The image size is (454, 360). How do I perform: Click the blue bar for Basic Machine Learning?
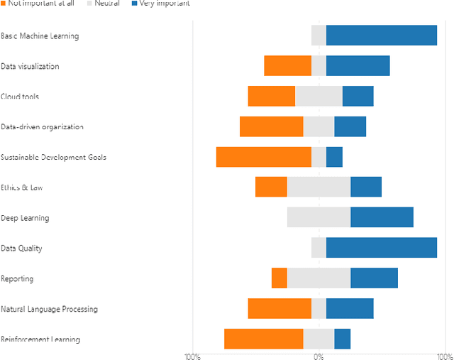click(381, 36)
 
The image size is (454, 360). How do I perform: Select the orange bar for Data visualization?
click(287, 66)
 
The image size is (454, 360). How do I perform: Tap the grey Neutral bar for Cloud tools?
click(319, 96)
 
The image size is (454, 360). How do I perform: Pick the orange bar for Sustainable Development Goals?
click(263, 157)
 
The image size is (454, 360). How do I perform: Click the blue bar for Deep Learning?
click(382, 217)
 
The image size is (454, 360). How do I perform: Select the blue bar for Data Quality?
click(381, 248)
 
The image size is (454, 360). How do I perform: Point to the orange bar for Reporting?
click(279, 278)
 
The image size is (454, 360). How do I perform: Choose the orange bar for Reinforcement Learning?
click(263, 339)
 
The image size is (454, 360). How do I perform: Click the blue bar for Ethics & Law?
click(366, 187)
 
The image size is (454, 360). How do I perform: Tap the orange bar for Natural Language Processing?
click(279, 309)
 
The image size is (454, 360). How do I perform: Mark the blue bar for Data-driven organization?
click(350, 126)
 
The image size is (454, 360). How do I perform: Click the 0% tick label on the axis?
click(319, 355)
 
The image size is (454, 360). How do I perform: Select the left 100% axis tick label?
click(192, 355)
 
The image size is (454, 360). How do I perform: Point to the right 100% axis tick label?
click(444, 355)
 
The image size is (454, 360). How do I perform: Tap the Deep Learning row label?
click(25, 218)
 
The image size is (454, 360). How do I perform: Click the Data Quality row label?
click(21, 249)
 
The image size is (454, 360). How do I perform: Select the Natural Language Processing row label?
click(49, 310)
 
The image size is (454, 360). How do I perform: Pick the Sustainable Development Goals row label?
click(53, 158)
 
